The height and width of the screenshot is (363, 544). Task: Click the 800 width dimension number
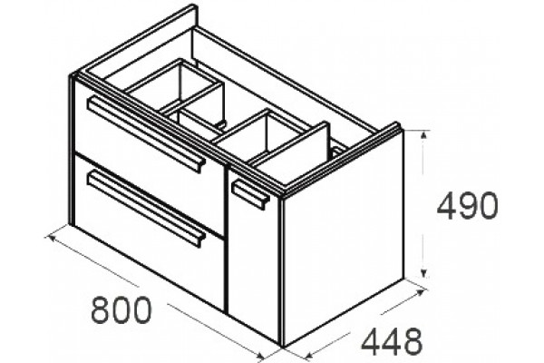coord(121,310)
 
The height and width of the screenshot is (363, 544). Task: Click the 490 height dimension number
coord(467,206)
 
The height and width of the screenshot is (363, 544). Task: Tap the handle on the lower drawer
coord(146,208)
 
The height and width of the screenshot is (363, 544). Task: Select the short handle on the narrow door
coord(250,194)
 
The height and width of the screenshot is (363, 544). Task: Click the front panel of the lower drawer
coord(150,231)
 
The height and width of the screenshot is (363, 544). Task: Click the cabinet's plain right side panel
coord(344,240)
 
